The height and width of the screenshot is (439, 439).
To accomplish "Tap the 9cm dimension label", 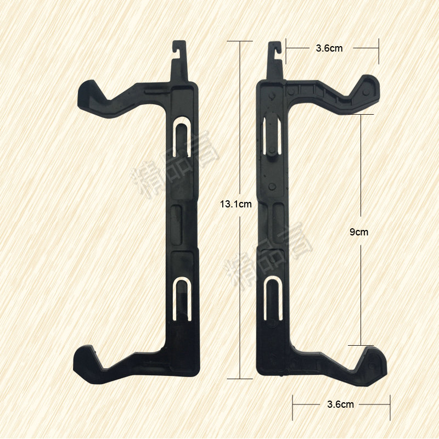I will [x=359, y=232].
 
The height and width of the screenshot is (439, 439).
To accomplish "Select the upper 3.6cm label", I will [x=329, y=48].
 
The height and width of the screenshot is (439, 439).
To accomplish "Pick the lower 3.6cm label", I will [x=340, y=404].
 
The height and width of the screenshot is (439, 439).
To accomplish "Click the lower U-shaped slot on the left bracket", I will [x=182, y=299].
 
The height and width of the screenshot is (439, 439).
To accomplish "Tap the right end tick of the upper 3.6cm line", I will [x=379, y=48].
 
